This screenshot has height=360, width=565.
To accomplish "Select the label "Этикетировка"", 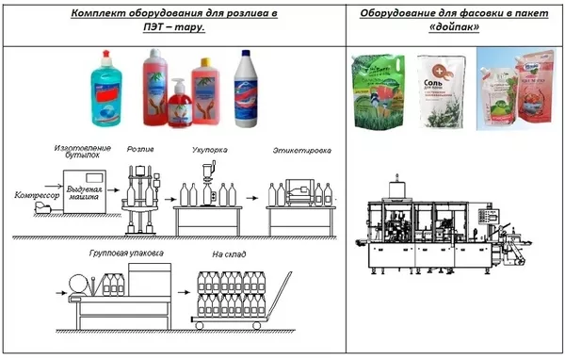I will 300,150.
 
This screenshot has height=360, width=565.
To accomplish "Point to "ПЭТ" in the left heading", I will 129,28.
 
